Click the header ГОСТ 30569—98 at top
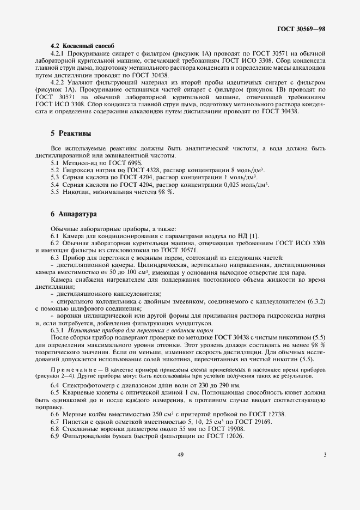click(301, 27)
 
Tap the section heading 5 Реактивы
click(71, 133)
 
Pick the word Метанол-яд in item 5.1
click(78, 163)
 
